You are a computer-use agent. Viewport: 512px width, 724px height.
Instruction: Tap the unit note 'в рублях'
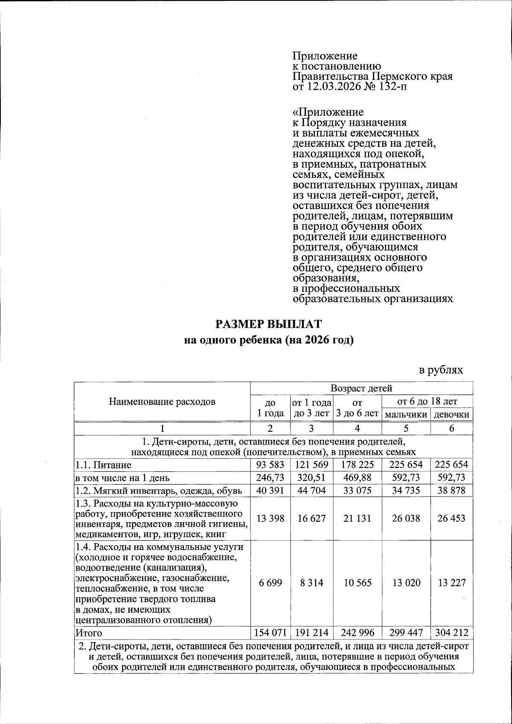coord(440,369)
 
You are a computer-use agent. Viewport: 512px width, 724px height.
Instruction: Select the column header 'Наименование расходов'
coord(162,401)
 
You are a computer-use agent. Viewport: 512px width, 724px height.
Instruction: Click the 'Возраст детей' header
coord(361,388)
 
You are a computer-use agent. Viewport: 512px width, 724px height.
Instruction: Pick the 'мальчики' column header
coord(406,414)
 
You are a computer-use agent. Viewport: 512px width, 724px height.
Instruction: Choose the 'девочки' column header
coord(451,414)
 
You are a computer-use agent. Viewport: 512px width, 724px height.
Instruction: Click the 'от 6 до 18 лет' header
coord(427,401)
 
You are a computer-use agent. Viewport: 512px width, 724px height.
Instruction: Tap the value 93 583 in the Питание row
coord(270,465)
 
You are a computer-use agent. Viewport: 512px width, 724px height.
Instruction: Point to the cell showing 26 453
coord(451,518)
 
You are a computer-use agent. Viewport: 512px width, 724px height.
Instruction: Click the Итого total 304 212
coord(451,632)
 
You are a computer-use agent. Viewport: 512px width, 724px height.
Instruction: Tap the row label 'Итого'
coord(89,633)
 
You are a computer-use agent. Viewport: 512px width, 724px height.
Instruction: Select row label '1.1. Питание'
coord(103,465)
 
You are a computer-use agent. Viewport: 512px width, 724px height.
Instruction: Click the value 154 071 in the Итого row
coord(270,632)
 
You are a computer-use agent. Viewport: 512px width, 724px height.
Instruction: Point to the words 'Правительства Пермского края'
coord(372,77)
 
